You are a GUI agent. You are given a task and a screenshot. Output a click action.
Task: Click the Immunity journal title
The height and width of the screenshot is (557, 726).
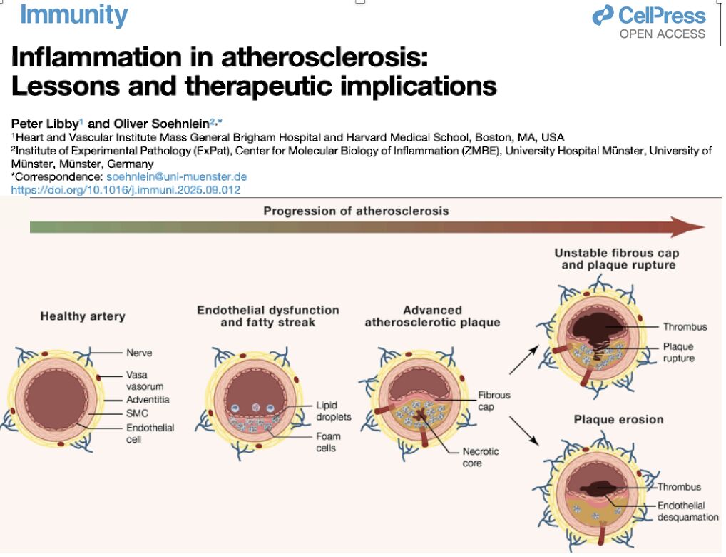tap(73, 14)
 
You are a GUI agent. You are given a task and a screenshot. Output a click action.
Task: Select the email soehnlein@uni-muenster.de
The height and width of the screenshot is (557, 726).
tap(176, 176)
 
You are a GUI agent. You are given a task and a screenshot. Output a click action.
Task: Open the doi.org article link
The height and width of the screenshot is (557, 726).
tap(126, 190)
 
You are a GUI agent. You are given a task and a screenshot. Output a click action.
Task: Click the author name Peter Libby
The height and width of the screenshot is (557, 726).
tap(44, 123)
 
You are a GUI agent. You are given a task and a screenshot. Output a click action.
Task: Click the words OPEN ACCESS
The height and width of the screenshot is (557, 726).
tap(662, 34)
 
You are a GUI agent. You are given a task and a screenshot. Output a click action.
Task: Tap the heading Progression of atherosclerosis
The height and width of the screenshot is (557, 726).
tap(356, 211)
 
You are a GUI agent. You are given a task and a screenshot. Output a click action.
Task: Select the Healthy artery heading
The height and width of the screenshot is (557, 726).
tap(83, 316)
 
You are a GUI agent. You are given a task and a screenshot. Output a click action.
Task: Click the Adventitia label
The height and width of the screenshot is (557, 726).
tap(148, 399)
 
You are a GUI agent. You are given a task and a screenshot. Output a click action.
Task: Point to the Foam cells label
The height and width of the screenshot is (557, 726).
tap(328, 442)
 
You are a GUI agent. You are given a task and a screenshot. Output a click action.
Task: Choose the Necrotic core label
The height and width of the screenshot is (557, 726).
tap(481, 457)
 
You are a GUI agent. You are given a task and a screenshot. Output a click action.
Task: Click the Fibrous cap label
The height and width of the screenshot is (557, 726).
tap(494, 401)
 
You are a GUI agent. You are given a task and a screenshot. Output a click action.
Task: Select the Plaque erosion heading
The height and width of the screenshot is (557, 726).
tap(618, 419)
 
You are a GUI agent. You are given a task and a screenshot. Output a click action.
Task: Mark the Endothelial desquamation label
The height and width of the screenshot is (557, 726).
tap(687, 511)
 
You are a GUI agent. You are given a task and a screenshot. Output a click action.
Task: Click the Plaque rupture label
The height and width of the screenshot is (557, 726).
tap(678, 352)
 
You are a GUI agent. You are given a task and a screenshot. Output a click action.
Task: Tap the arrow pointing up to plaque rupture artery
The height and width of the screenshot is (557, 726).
tap(523, 361)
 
